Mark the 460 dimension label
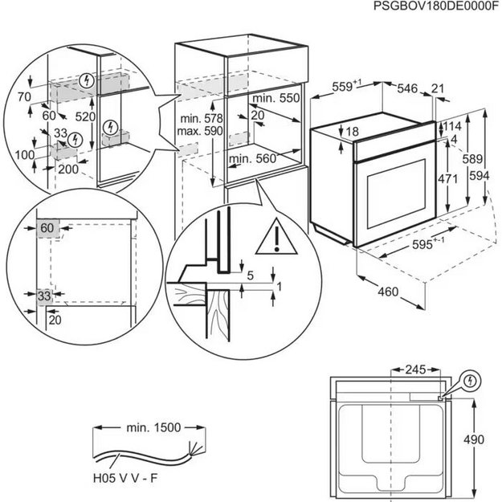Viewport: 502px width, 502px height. (387, 292)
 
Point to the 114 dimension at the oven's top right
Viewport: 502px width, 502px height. (453, 126)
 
